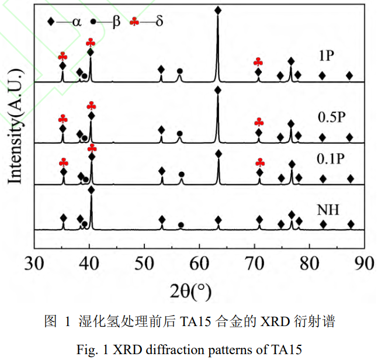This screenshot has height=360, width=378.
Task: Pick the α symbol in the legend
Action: tap(77, 23)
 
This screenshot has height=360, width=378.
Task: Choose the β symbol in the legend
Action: tap(116, 23)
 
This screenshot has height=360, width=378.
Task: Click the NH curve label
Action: tap(328, 209)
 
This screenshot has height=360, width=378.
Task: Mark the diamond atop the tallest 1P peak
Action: tap(218, 11)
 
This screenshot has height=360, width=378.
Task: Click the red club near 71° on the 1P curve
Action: tap(258, 62)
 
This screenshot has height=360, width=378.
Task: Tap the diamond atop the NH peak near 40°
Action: tap(91, 190)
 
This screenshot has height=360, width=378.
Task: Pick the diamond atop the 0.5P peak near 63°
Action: tap(218, 90)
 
